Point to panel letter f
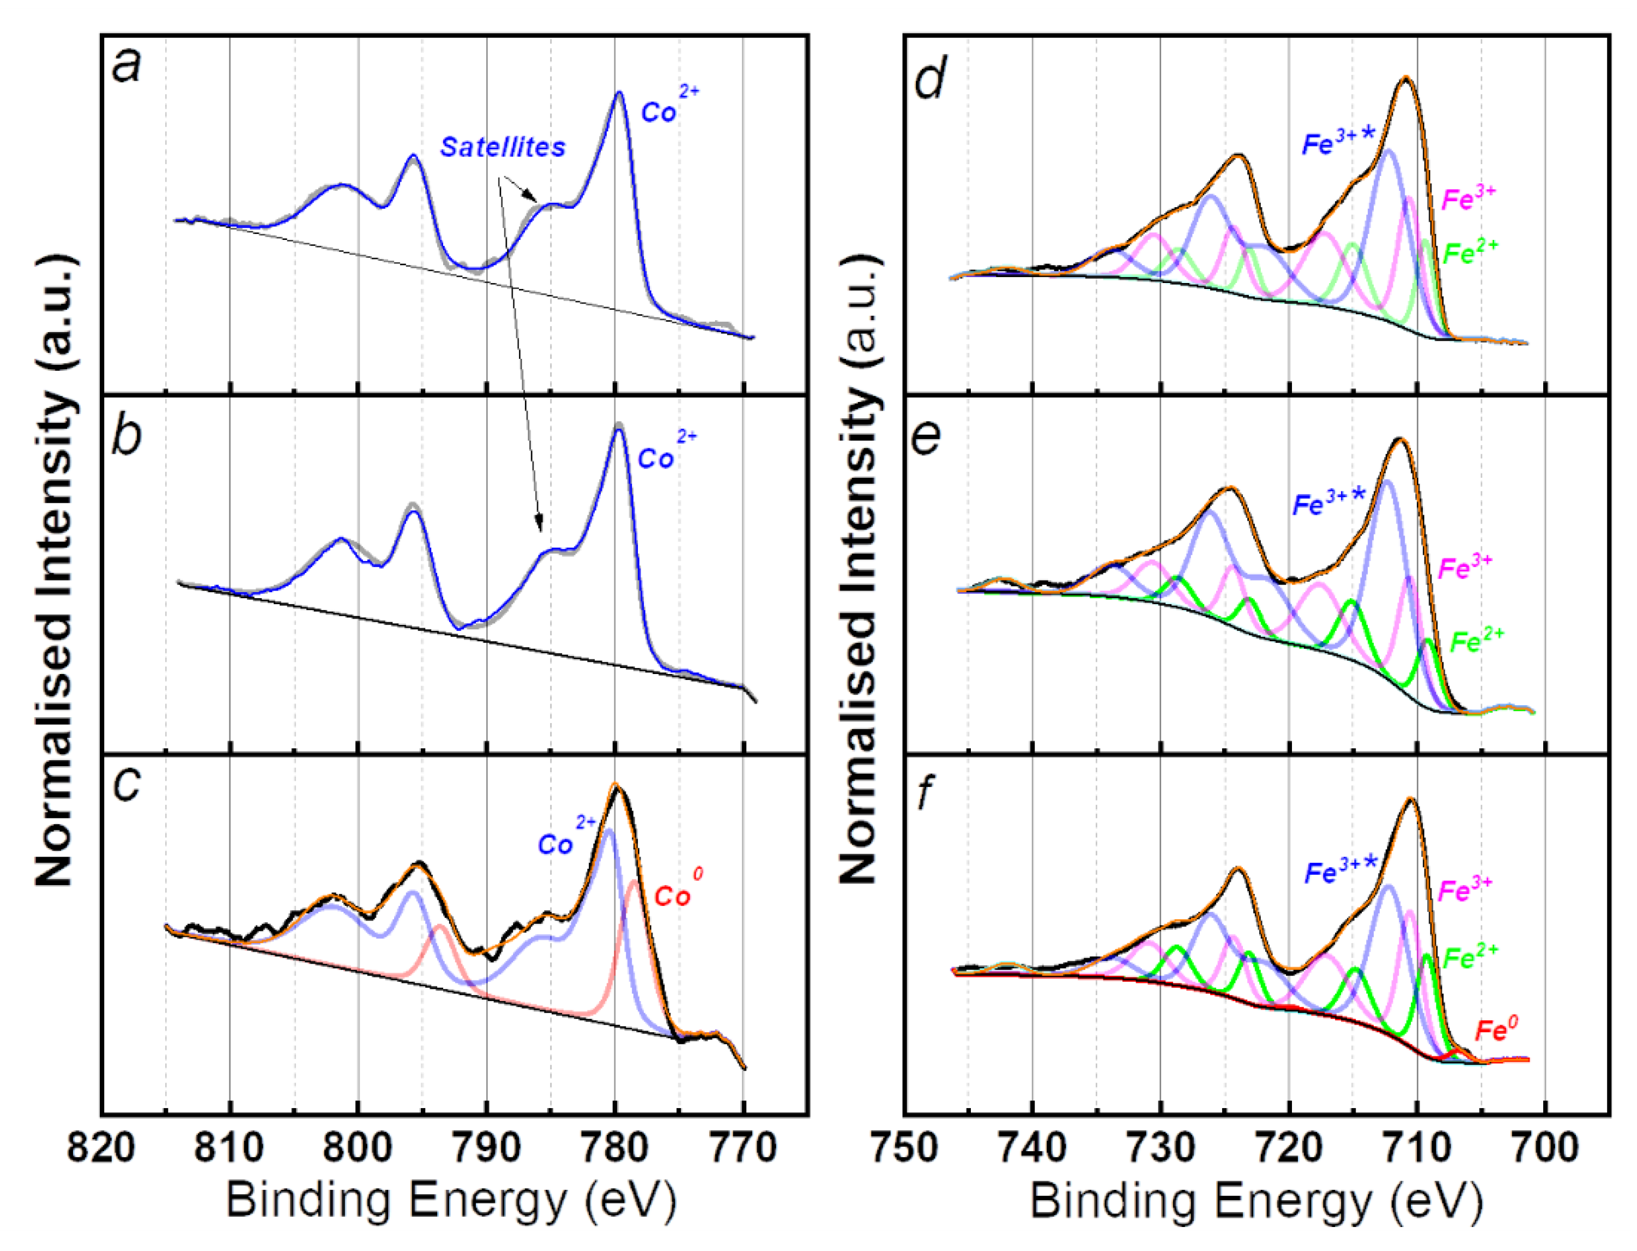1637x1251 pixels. [x=925, y=792]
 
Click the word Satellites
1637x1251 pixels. [x=503, y=147]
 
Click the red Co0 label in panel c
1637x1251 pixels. [x=678, y=889]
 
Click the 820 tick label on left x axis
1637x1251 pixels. [x=100, y=1147]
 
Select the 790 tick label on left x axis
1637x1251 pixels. [x=486, y=1147]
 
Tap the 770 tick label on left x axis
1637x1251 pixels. [x=744, y=1147]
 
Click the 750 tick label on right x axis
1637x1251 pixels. [x=904, y=1147]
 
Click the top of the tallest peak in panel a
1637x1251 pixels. [x=619, y=93]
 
